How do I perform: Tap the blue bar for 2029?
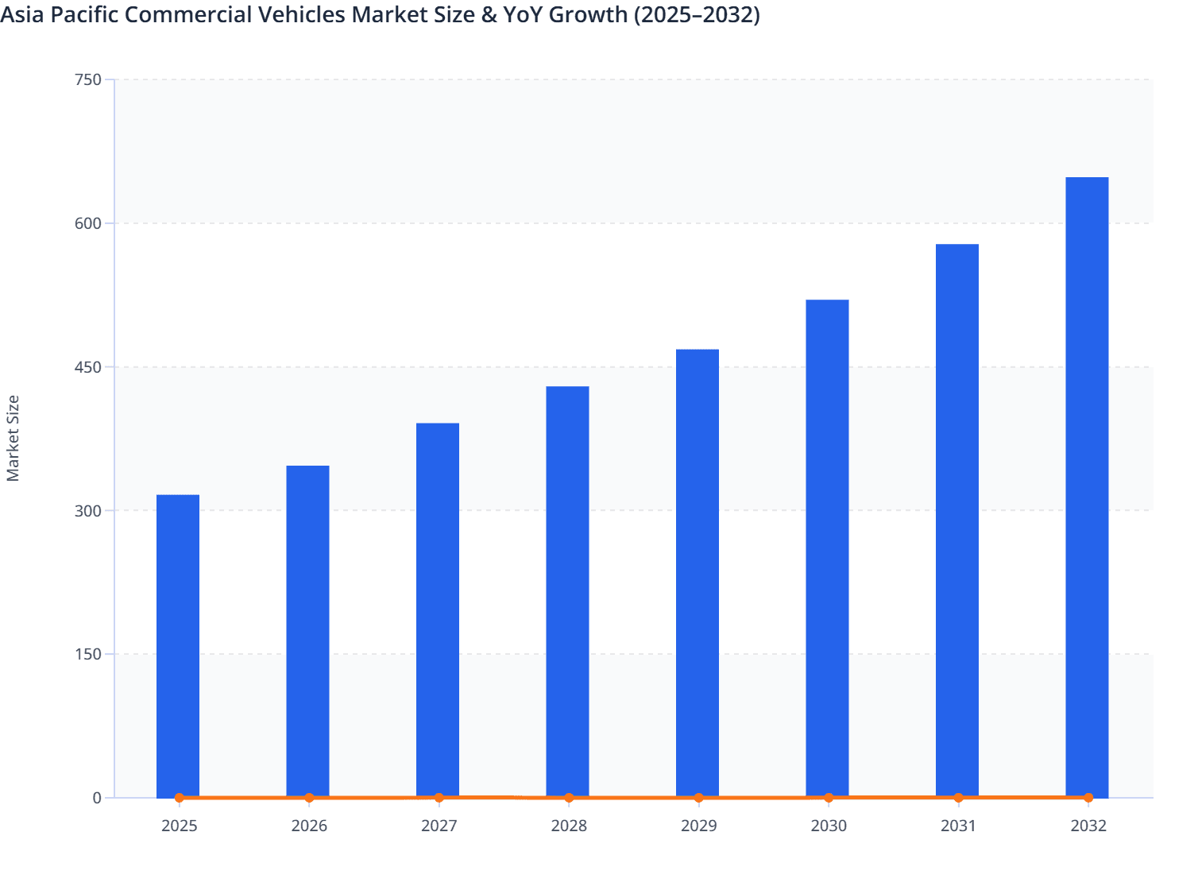[698, 572]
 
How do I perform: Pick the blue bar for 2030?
[827, 548]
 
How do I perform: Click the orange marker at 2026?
[309, 798]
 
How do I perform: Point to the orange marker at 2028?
[569, 798]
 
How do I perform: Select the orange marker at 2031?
[958, 797]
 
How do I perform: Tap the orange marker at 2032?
[1088, 797]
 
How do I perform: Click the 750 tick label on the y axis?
[88, 79]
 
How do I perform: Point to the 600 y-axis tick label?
[88, 223]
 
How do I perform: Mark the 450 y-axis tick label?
[88, 367]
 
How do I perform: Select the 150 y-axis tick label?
[88, 654]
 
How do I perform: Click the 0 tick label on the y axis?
[97, 798]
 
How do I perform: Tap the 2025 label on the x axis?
[179, 826]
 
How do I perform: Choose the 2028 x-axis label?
[569, 826]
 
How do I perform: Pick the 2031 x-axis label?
[958, 826]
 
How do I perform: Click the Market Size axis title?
[13, 438]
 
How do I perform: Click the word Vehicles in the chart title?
[303, 14]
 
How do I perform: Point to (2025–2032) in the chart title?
[697, 14]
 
